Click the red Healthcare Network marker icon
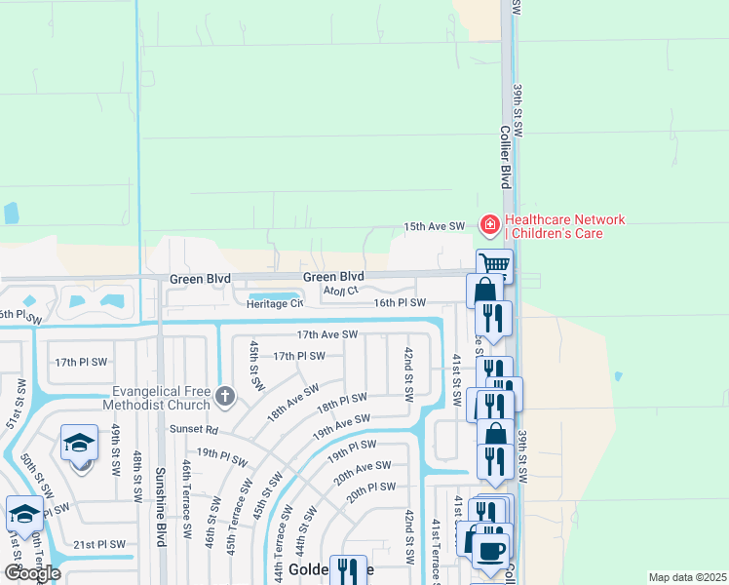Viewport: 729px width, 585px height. [x=489, y=226]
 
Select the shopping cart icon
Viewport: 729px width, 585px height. [x=495, y=264]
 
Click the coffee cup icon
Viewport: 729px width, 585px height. [x=489, y=548]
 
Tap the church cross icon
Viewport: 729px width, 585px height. [x=225, y=395]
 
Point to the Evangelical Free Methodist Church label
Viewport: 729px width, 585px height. [x=161, y=397]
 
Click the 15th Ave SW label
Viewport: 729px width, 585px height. [x=435, y=226]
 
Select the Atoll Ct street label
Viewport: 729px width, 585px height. [x=341, y=290]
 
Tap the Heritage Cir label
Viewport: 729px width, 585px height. [x=274, y=303]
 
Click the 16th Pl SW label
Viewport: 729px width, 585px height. [x=402, y=303]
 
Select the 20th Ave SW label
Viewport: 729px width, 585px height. [x=363, y=472]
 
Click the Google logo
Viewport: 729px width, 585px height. [x=32, y=572]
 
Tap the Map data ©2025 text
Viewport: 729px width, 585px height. [x=686, y=577]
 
